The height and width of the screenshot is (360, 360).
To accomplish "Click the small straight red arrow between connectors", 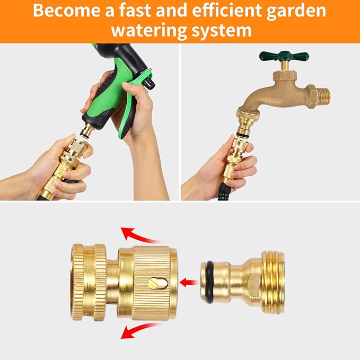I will tap(187, 282).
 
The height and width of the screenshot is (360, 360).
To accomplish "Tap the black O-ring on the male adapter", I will tap(209, 282).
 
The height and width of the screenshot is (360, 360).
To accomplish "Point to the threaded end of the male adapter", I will tap(273, 282).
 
